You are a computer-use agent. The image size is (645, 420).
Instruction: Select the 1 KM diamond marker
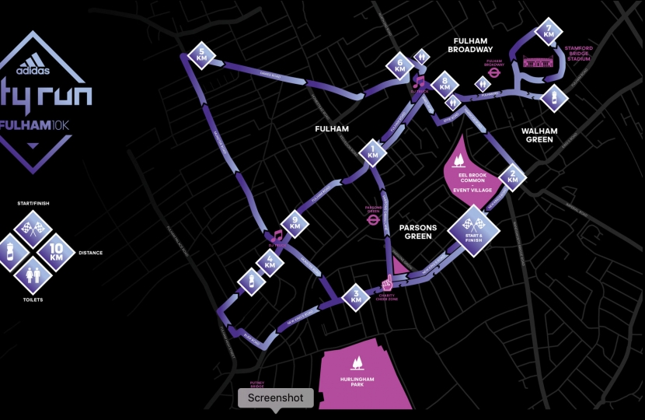[x=374, y=152]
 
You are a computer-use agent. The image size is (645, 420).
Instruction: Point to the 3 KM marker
[x=356, y=296]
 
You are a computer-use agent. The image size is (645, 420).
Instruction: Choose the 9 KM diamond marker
[x=295, y=223]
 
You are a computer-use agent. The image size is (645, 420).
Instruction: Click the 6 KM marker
[x=400, y=66]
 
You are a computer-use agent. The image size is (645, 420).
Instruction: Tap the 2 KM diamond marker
[x=512, y=177]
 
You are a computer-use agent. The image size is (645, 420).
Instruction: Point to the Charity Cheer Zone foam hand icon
[x=386, y=282]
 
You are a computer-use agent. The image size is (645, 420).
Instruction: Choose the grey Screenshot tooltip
[x=275, y=397]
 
